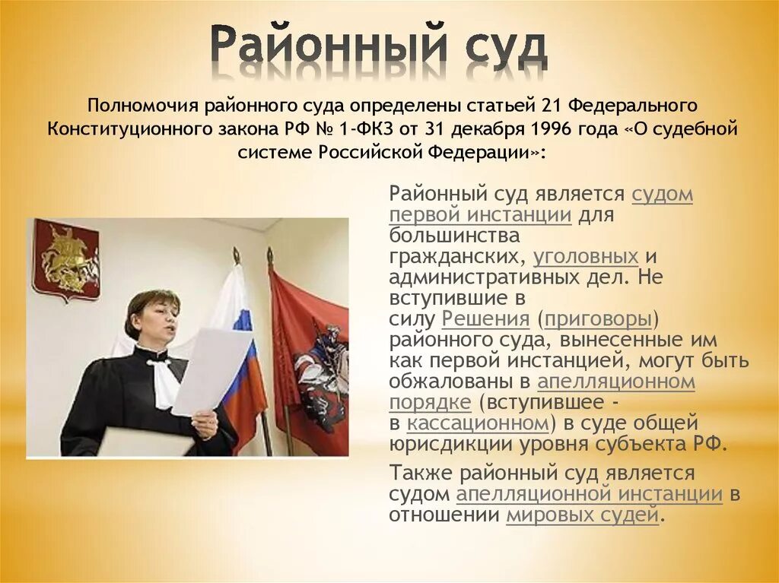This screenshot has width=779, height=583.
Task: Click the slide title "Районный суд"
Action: pos(378,47)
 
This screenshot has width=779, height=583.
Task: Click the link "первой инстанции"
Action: pos(480,215)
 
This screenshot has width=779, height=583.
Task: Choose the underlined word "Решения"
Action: pos(485,318)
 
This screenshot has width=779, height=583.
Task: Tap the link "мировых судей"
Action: pos(582,515)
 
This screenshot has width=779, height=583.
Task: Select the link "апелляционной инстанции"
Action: pos(589,494)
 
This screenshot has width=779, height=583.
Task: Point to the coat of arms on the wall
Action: pos(66,259)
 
